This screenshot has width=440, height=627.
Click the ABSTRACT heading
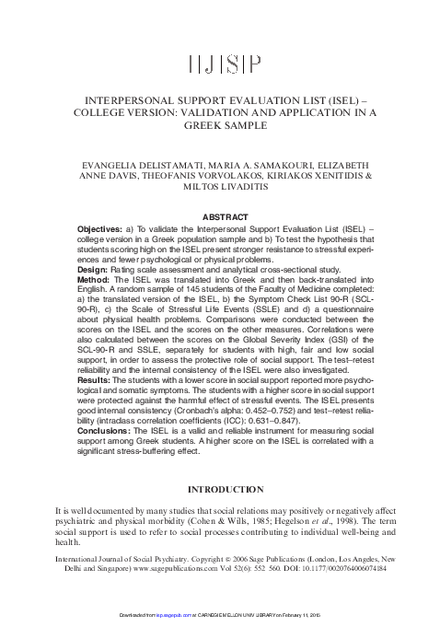[219, 216]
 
